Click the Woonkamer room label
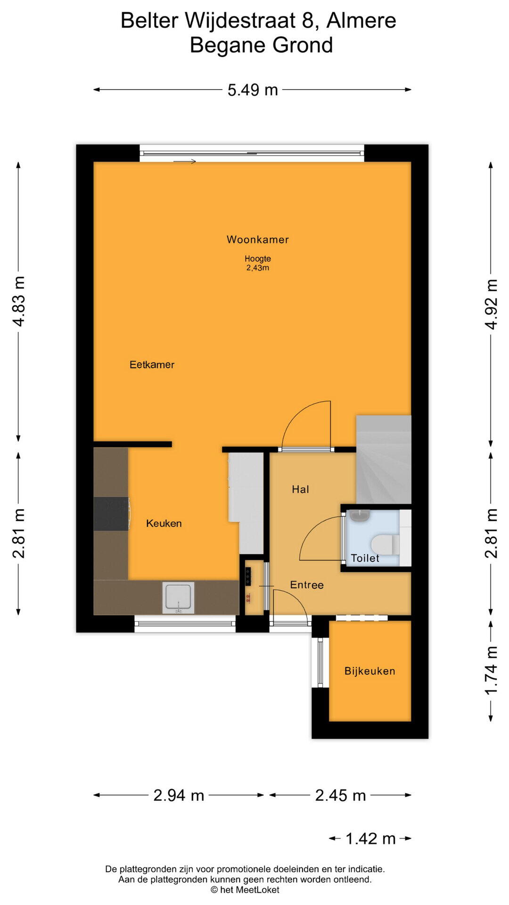[x=257, y=239]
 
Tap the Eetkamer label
[x=152, y=364]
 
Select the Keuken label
[x=164, y=523]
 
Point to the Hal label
[x=300, y=489]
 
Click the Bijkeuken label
[x=369, y=671]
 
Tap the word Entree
[x=307, y=585]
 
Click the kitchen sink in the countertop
[x=178, y=598]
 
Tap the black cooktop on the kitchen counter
[x=111, y=513]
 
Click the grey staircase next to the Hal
[x=384, y=459]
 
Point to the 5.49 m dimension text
[x=253, y=90]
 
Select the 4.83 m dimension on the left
[x=19, y=301]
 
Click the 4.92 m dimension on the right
[x=491, y=304]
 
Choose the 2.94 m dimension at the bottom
[x=179, y=795]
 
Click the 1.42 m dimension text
[x=370, y=839]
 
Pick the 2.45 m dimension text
[x=340, y=795]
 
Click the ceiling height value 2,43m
[x=257, y=268]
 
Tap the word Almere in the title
[x=361, y=21]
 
